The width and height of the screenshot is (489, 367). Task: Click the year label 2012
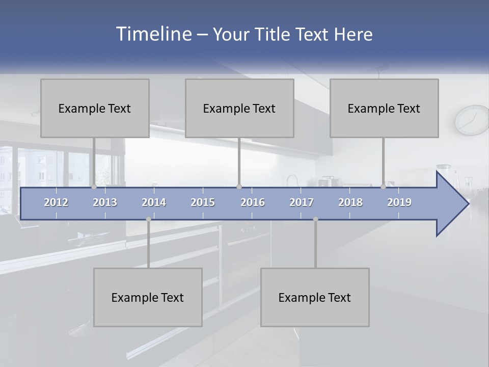pos(56,202)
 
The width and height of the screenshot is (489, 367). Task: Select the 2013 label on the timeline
pos(105,202)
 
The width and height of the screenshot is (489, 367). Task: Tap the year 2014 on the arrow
pos(154,202)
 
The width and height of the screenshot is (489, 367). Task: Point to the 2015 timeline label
pos(203,202)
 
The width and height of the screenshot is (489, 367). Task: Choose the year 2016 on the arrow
pos(253,202)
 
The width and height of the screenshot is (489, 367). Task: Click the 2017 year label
pos(302,202)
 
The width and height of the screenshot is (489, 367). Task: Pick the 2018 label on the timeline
pos(350,202)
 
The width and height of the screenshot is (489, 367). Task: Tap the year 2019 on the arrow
pos(399,202)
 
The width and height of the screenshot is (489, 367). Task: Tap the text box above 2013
pos(95,108)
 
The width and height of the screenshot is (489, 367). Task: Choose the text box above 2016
pos(239,108)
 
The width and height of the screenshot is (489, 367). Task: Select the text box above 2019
pos(384,108)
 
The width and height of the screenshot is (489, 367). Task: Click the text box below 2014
pos(148,297)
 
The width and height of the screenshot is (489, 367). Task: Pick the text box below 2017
pos(315,297)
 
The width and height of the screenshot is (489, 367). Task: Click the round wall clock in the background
pos(472,120)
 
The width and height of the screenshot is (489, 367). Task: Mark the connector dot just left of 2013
pos(94,187)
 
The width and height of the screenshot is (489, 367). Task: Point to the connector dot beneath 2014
pos(148,219)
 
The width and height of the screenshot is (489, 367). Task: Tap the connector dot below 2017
pos(315,219)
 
